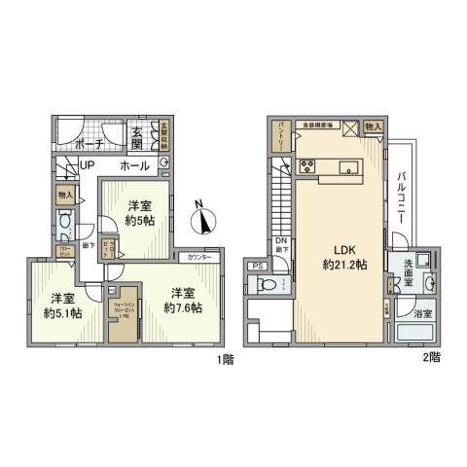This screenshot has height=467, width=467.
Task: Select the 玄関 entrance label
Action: (137, 139)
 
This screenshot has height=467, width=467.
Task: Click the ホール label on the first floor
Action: (134, 166)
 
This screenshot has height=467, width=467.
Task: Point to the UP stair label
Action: (87, 166)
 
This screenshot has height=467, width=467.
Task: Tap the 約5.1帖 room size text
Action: (60, 313)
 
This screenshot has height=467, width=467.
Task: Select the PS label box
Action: (256, 265)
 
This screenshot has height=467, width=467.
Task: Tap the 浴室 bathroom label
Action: (422, 314)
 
